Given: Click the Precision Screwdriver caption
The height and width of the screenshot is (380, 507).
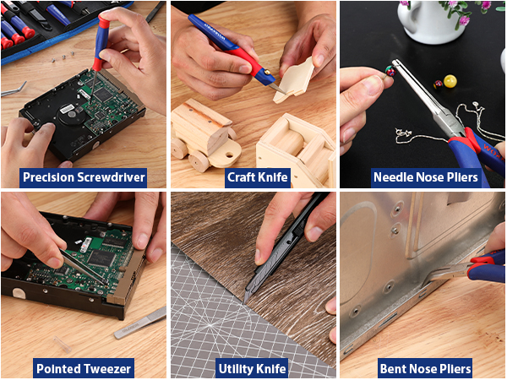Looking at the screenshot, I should tap(84, 177).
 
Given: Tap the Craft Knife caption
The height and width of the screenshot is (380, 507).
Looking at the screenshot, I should tap(258, 177).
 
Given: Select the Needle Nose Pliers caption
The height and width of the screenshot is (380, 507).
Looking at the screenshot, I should tap(426, 177).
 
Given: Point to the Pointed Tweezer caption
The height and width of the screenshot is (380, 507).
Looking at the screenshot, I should tap(83, 368).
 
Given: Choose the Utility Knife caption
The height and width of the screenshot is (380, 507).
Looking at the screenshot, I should tap(253, 368).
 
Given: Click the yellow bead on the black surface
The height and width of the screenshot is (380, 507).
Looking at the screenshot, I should tap(450, 82).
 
